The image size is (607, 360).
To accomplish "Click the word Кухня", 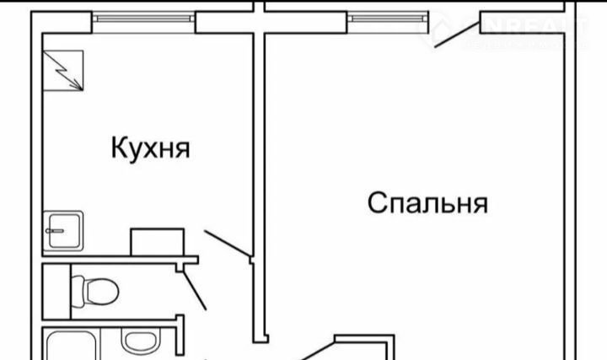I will [x=150, y=149].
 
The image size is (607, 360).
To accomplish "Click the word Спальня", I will [x=429, y=203].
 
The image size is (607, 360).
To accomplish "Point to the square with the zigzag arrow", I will [x=64, y=68].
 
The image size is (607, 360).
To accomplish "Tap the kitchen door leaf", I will [x=225, y=242].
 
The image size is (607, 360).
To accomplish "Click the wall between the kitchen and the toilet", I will [x=118, y=261].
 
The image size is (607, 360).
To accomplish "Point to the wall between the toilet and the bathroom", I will [x=110, y=320].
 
